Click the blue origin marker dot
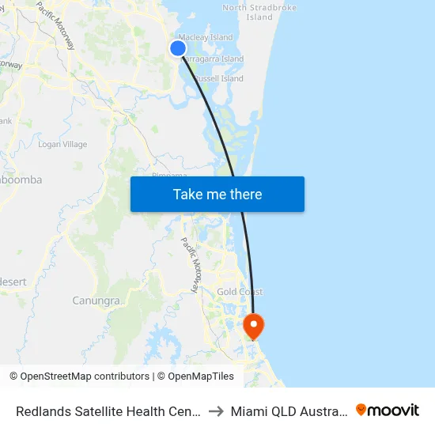pyautogui.click(x=178, y=48)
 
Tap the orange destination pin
pyautogui.click(x=254, y=325)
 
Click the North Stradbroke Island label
pyautogui.click(x=259, y=12)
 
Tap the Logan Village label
pyautogui.click(x=62, y=145)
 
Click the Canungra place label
pyautogui.click(x=96, y=301)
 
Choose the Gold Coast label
pyautogui.click(x=240, y=292)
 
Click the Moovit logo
pyautogui.click(x=388, y=410)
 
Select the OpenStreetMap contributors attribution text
pyautogui.click(x=79, y=376)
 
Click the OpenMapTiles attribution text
pyautogui.click(x=195, y=376)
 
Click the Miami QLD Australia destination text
pyautogui.click(x=289, y=411)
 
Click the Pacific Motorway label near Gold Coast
pyautogui.click(x=192, y=265)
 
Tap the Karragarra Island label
pyautogui.click(x=214, y=59)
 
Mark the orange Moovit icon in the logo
pyautogui.click(x=361, y=410)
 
